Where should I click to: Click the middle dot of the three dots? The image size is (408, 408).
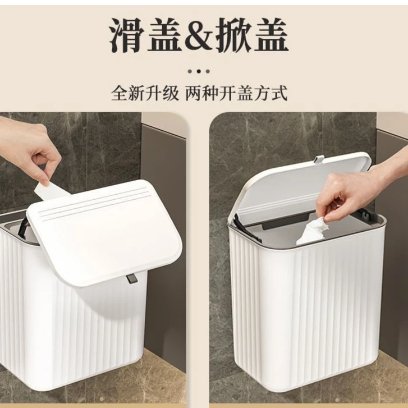[x=199, y=71]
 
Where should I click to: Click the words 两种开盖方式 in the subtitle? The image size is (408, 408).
[x=236, y=93]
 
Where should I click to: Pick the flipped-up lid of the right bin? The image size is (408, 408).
[x=303, y=180]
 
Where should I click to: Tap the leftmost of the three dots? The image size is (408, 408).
[x=190, y=71]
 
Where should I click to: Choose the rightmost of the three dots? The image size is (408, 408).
[x=208, y=71]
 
